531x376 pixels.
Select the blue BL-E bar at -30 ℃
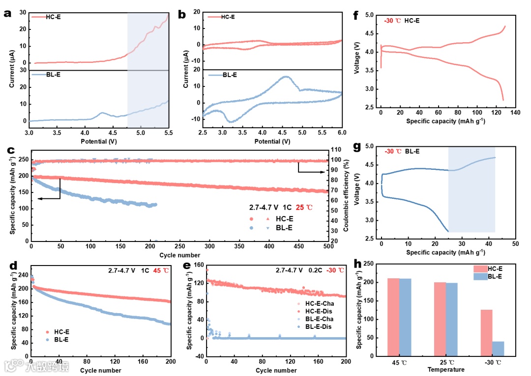click(x=498, y=349)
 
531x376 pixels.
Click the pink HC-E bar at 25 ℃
click(x=440, y=319)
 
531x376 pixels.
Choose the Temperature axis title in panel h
click(x=446, y=370)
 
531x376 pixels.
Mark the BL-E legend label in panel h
click(x=496, y=276)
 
